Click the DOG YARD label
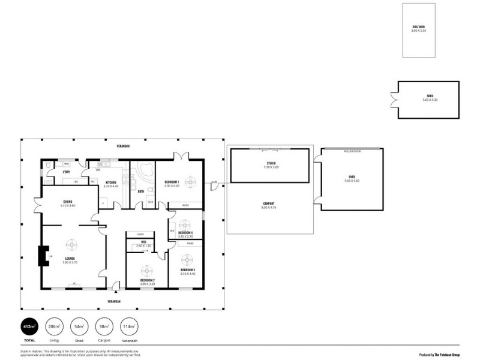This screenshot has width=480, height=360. (x=418, y=26)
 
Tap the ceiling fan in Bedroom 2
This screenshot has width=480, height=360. (x=145, y=270)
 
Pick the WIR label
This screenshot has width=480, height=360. (x=144, y=242)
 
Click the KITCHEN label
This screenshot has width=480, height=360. (x=110, y=182)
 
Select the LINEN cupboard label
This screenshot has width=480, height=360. (x=140, y=234)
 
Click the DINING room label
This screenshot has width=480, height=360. (x=67, y=202)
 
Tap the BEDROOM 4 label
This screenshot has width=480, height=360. (x=187, y=233)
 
